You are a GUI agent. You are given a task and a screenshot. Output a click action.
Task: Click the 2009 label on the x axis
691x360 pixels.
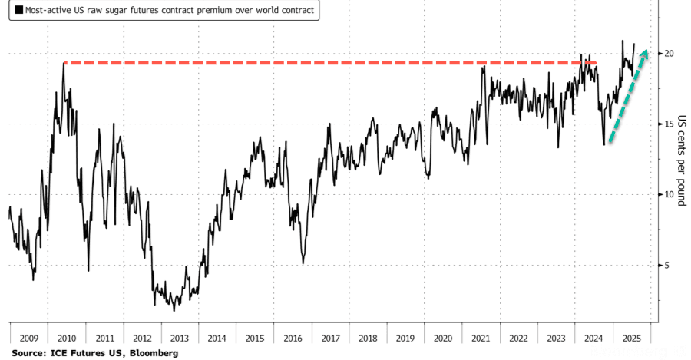tap(28, 337)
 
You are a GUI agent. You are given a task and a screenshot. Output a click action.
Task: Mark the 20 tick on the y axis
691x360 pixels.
tap(669, 53)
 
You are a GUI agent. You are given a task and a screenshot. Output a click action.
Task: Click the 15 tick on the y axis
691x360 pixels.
tap(669, 124)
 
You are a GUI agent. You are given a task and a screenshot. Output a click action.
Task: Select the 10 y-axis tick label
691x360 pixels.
tap(669, 194)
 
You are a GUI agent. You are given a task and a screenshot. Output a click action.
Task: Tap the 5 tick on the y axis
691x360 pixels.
tap(666, 265)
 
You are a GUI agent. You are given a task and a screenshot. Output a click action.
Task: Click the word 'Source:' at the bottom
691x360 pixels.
tap(27, 352)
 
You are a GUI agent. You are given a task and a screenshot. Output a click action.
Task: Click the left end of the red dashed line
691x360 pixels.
tap(64, 62)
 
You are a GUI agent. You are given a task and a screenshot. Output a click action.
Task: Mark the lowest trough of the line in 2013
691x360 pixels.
tap(174, 310)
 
